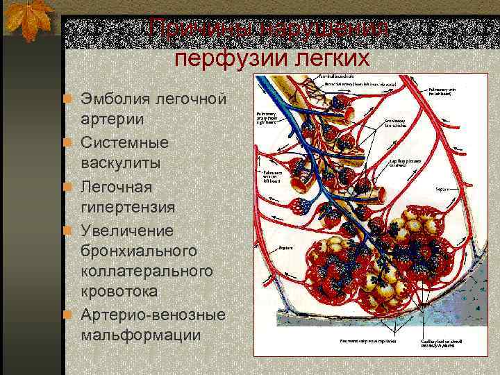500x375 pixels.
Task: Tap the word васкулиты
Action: click(121, 163)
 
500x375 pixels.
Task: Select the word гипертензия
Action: click(127, 207)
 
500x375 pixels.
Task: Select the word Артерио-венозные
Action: click(153, 314)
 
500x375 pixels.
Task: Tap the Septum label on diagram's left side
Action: click(284, 247)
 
